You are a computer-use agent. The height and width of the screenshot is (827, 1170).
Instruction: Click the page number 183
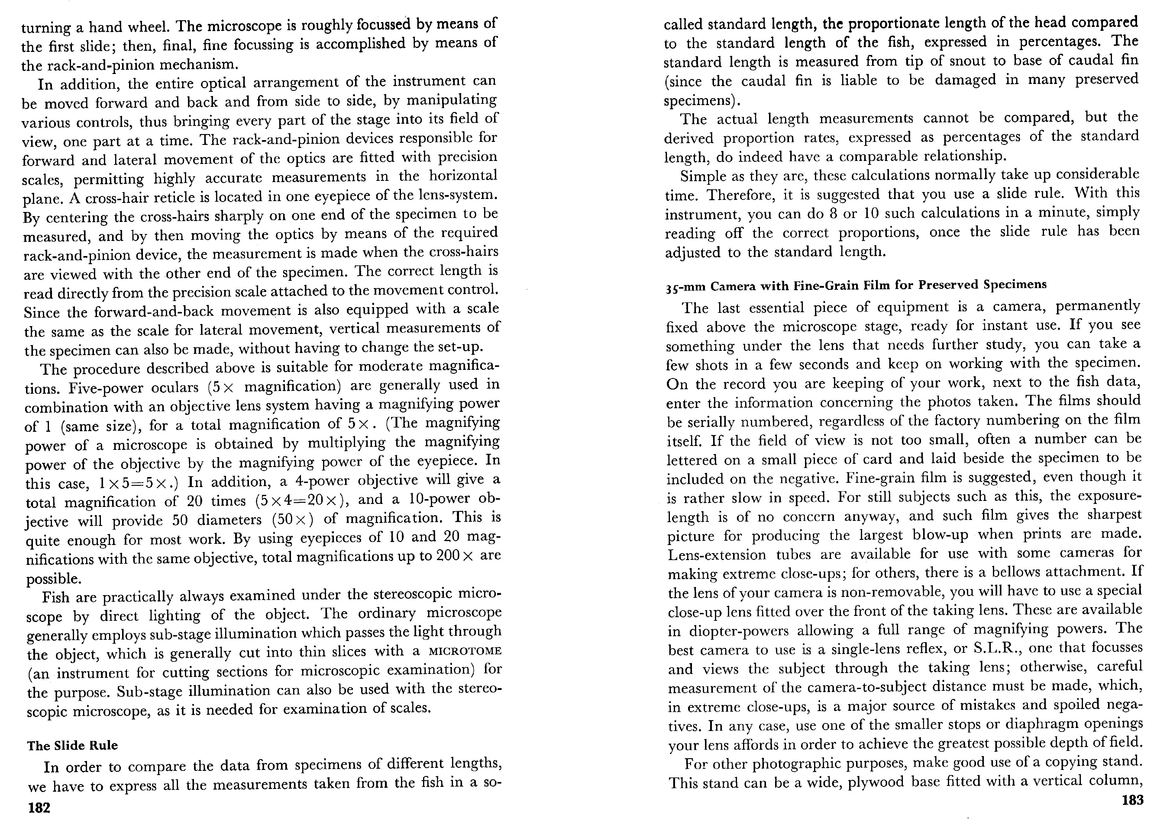click(1132, 800)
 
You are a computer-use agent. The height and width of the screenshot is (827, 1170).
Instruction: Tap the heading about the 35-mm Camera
click(856, 285)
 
